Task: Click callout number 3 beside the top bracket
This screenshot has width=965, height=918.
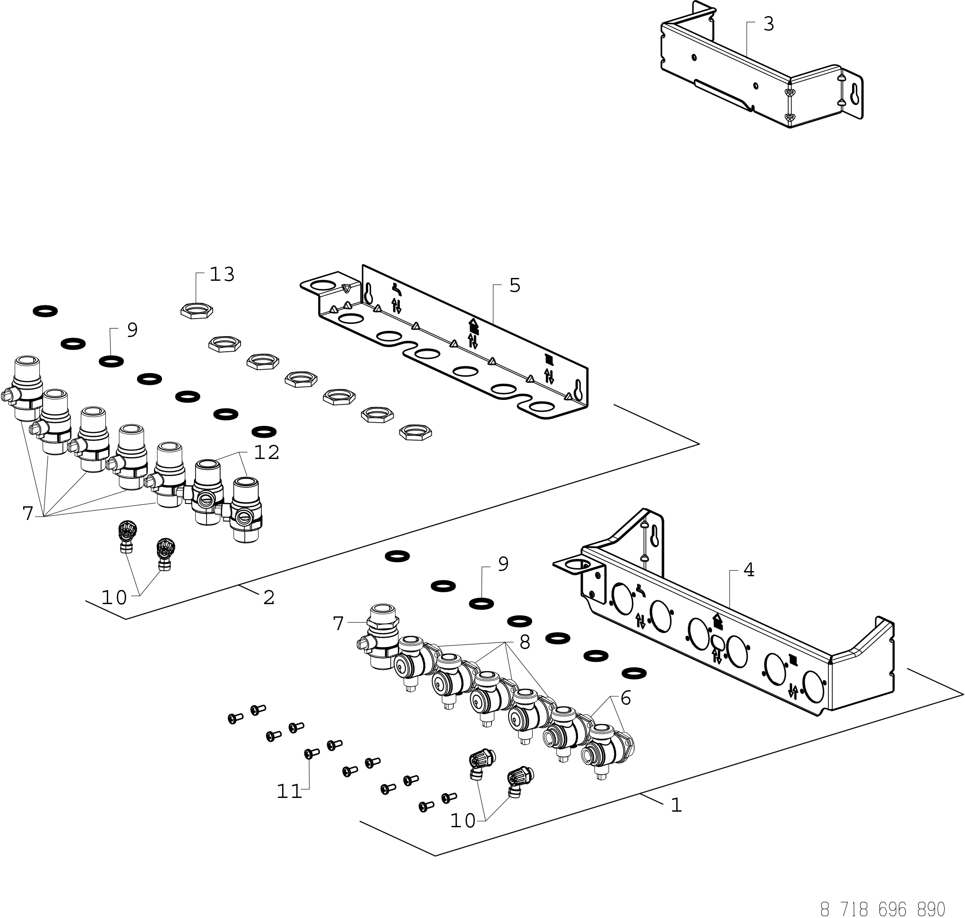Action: pos(768,24)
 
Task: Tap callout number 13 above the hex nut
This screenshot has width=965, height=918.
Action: pos(222,275)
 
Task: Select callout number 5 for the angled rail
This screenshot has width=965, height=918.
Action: pos(515,286)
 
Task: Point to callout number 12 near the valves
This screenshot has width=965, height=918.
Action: pos(267,452)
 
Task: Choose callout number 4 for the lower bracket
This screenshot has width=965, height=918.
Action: pos(749,570)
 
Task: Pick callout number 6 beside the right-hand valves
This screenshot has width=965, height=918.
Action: pos(626,698)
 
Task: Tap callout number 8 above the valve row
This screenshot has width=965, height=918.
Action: pos(524,642)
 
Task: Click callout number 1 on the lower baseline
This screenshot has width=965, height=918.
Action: pos(676,805)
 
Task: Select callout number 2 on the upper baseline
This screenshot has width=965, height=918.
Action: pos(268,598)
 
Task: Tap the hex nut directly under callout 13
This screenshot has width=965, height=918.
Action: pos(197,310)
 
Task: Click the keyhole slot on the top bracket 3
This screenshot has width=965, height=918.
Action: pos(854,94)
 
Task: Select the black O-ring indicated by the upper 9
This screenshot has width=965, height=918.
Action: pos(111,362)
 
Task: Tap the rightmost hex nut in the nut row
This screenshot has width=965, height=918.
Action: pos(415,432)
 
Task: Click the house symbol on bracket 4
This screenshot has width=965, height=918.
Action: pos(717,622)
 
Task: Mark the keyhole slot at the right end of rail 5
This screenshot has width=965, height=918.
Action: pos(577,390)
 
